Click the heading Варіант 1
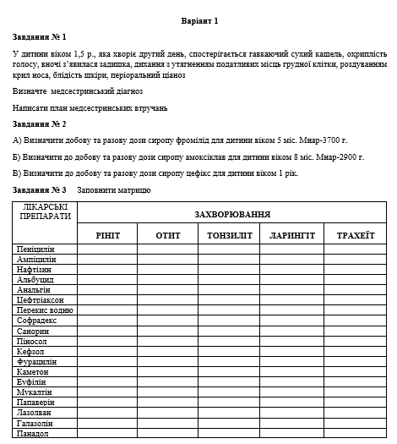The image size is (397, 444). pos(199,20)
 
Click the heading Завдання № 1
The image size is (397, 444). pos(40,37)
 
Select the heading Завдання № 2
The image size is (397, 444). pos(40,123)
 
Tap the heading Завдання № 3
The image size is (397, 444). pos(40,189)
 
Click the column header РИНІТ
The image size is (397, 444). pos(108,234)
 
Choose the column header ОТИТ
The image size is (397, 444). pos(167,234)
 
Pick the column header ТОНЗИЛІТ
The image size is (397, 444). pos(229,234)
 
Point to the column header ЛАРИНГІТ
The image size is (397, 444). pos(292,234)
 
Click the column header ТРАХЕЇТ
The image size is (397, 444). pos(356,234)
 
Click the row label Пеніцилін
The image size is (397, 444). pos(35,249)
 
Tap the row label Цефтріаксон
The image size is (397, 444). pos(40,300)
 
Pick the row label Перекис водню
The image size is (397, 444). pos(45,310)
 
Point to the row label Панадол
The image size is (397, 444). pos(33,433)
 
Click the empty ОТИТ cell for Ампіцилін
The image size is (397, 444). pos(167,260)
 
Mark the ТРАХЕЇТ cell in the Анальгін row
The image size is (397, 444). pos(356,290)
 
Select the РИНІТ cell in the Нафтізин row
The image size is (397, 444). pos(108,270)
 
